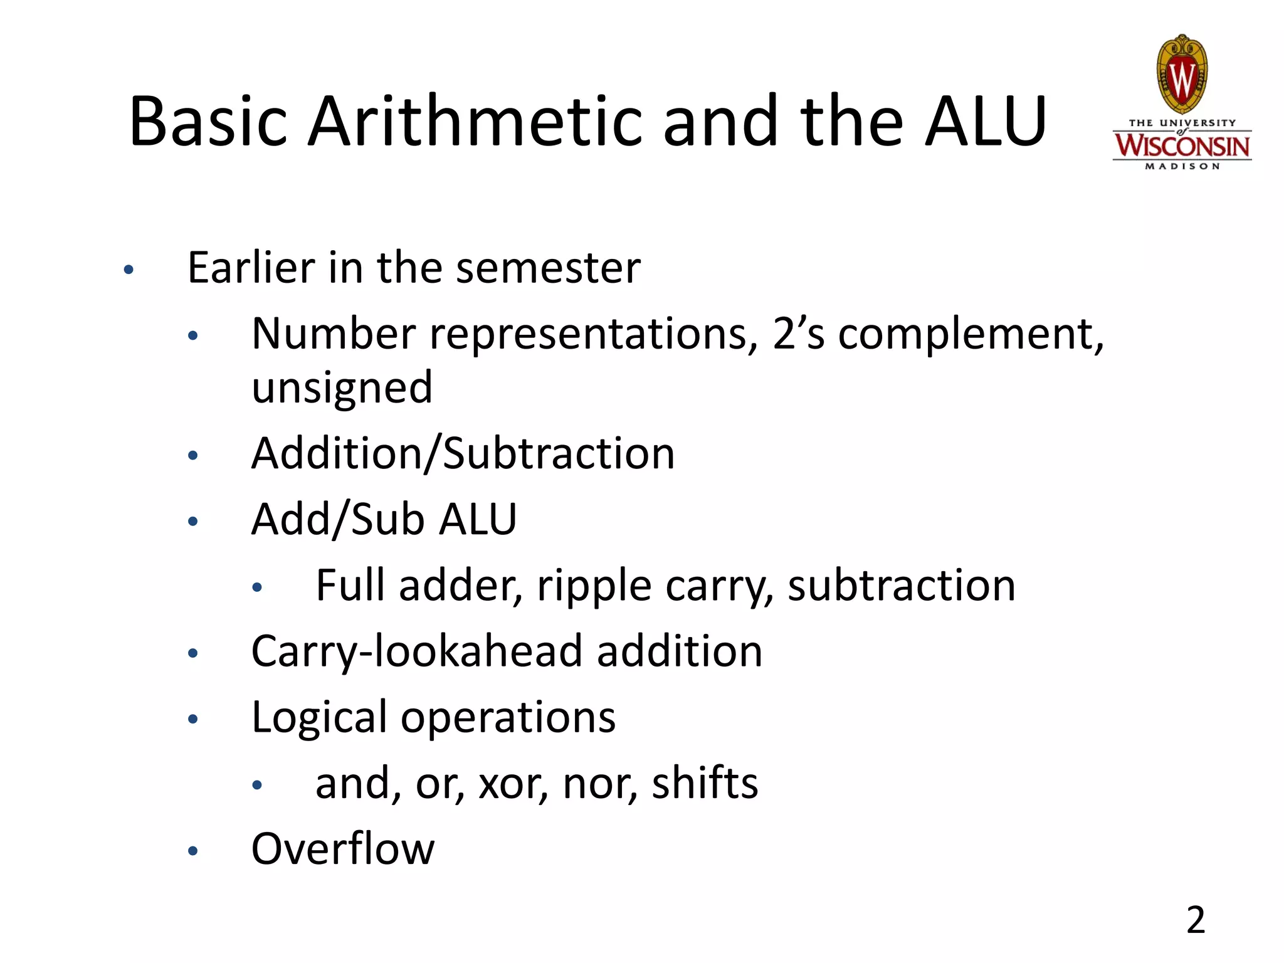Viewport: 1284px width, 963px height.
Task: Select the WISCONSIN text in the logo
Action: click(1182, 146)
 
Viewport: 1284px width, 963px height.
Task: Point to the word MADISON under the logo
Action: click(1182, 167)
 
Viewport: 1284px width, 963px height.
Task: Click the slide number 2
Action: click(1196, 920)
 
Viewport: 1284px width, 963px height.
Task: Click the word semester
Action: click(548, 268)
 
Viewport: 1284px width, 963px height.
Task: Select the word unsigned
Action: click(342, 387)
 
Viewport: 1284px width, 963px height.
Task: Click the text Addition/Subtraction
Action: click(463, 453)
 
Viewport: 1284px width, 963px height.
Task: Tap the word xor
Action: click(513, 784)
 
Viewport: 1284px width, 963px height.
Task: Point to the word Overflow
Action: click(342, 849)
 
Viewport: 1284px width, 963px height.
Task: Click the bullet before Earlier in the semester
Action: click(129, 270)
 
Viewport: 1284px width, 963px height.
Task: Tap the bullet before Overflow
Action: click(193, 851)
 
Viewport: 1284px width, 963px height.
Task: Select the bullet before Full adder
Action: click(257, 587)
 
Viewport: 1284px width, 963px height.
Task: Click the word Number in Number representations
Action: click(333, 334)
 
